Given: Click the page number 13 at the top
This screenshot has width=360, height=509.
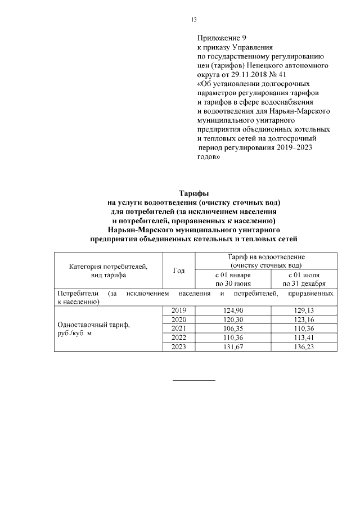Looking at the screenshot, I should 193,20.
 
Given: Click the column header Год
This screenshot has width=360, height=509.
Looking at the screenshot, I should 178,271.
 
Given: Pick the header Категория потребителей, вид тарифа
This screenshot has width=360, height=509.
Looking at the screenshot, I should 108,271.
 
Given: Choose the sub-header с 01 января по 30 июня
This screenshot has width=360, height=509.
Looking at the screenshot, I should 233,280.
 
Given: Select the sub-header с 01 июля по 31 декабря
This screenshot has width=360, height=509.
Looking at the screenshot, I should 304,280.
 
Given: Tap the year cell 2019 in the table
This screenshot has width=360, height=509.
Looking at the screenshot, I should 178,310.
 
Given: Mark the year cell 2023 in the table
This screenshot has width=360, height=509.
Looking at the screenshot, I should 178,346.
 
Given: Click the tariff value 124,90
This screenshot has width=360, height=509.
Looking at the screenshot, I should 233,310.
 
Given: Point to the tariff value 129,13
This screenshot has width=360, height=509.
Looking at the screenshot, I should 304,310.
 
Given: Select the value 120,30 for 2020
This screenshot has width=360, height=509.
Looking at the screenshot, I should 233,319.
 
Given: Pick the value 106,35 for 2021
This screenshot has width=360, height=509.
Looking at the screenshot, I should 233,328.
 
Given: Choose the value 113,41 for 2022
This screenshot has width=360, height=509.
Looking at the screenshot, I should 304,337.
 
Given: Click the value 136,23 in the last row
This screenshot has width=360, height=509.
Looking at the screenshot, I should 304,346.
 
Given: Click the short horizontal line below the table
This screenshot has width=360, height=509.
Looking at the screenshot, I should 193,381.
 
